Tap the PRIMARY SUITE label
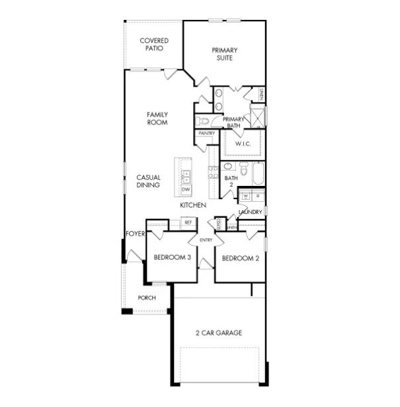coord(224,54)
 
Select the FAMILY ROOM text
coord(157,118)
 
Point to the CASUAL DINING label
coord(148,181)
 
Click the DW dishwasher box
coord(186,190)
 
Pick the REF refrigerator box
coord(188,222)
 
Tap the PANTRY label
coord(206,133)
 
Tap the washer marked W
coord(245,197)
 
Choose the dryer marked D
coord(257,197)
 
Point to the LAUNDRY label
coord(251,212)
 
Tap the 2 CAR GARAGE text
coord(218,333)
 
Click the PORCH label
coord(146,298)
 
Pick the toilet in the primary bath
coord(202,121)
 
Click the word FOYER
coord(135,234)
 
